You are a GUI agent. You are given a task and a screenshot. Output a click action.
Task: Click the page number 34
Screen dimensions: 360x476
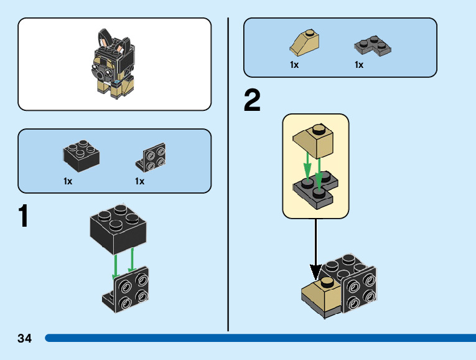pos(25,338)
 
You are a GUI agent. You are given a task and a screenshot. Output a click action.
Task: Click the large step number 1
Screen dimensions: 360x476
pos(23,216)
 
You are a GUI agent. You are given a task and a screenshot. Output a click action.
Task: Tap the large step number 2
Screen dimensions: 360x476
pos(252,102)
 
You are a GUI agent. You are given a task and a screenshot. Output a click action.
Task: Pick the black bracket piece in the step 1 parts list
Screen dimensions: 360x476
pos(151,157)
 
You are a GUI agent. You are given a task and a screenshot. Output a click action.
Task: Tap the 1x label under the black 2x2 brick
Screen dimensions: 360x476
pos(68,181)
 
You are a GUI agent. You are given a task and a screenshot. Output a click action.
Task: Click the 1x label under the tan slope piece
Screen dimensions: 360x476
pos(294,65)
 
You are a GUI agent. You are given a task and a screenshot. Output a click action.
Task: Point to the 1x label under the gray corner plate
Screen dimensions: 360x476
pos(359,65)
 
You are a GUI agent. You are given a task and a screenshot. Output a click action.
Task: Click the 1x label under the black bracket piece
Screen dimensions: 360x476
pos(139,181)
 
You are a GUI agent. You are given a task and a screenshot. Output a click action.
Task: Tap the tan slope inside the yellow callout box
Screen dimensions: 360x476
pos(315,141)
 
